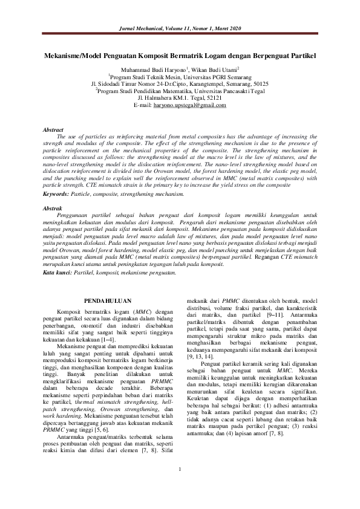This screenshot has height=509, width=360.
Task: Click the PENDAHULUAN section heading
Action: pyautogui.click(x=107, y=299)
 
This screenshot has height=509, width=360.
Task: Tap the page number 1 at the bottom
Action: pyautogui.click(x=180, y=487)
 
